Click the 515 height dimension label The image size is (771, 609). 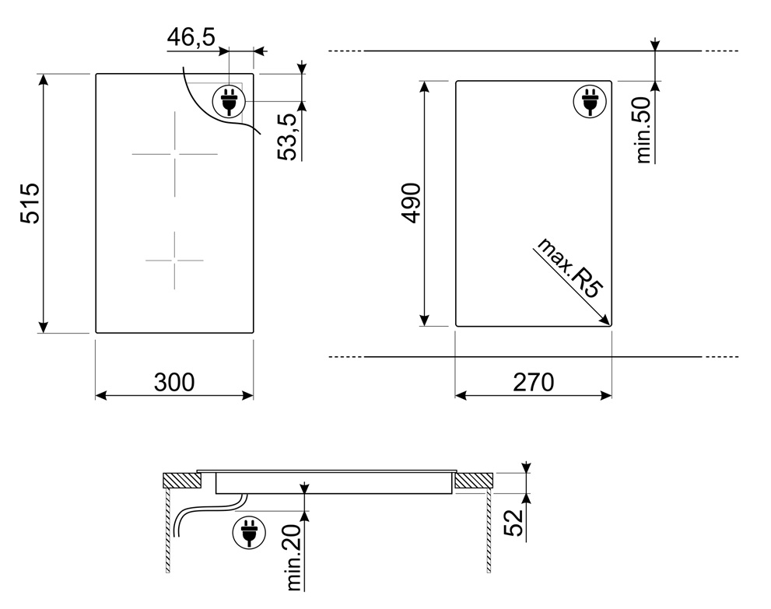pyautogui.click(x=30, y=203)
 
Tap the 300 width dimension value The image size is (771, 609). pyautogui.click(x=174, y=382)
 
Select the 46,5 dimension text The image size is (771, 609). pyautogui.click(x=191, y=37)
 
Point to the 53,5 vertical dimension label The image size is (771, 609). pyautogui.click(x=288, y=137)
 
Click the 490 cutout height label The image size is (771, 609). pyautogui.click(x=411, y=202)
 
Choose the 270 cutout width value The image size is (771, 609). pyautogui.click(x=534, y=382)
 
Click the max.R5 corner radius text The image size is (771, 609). pyautogui.click(x=569, y=268)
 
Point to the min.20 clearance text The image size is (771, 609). pyautogui.click(x=293, y=558)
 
